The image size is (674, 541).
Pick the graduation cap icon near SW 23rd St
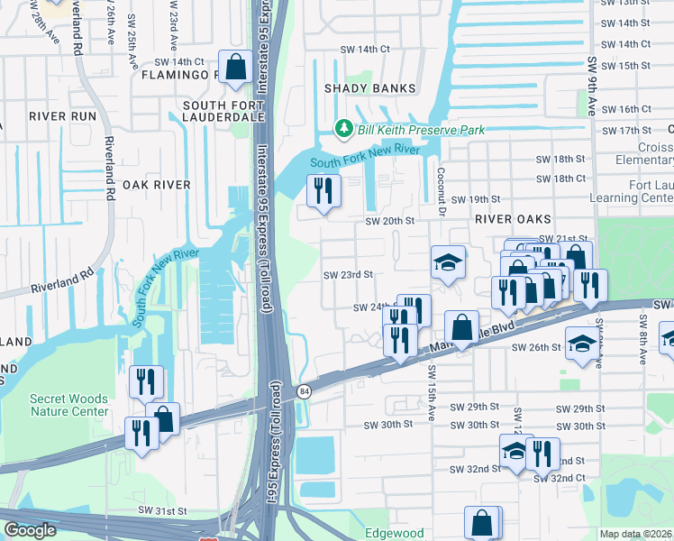(x=448, y=262)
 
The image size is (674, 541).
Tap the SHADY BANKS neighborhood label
(x=370, y=88)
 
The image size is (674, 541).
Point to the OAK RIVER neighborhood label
(x=157, y=184)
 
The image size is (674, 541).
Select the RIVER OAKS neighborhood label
(x=506, y=218)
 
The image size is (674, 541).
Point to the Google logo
(x=30, y=531)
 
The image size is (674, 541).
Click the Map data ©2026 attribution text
(x=635, y=534)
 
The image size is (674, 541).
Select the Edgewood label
(x=394, y=533)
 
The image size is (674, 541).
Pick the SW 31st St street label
(x=162, y=510)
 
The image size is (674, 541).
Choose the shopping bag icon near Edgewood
(x=482, y=522)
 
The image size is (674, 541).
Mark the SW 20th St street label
(x=389, y=221)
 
